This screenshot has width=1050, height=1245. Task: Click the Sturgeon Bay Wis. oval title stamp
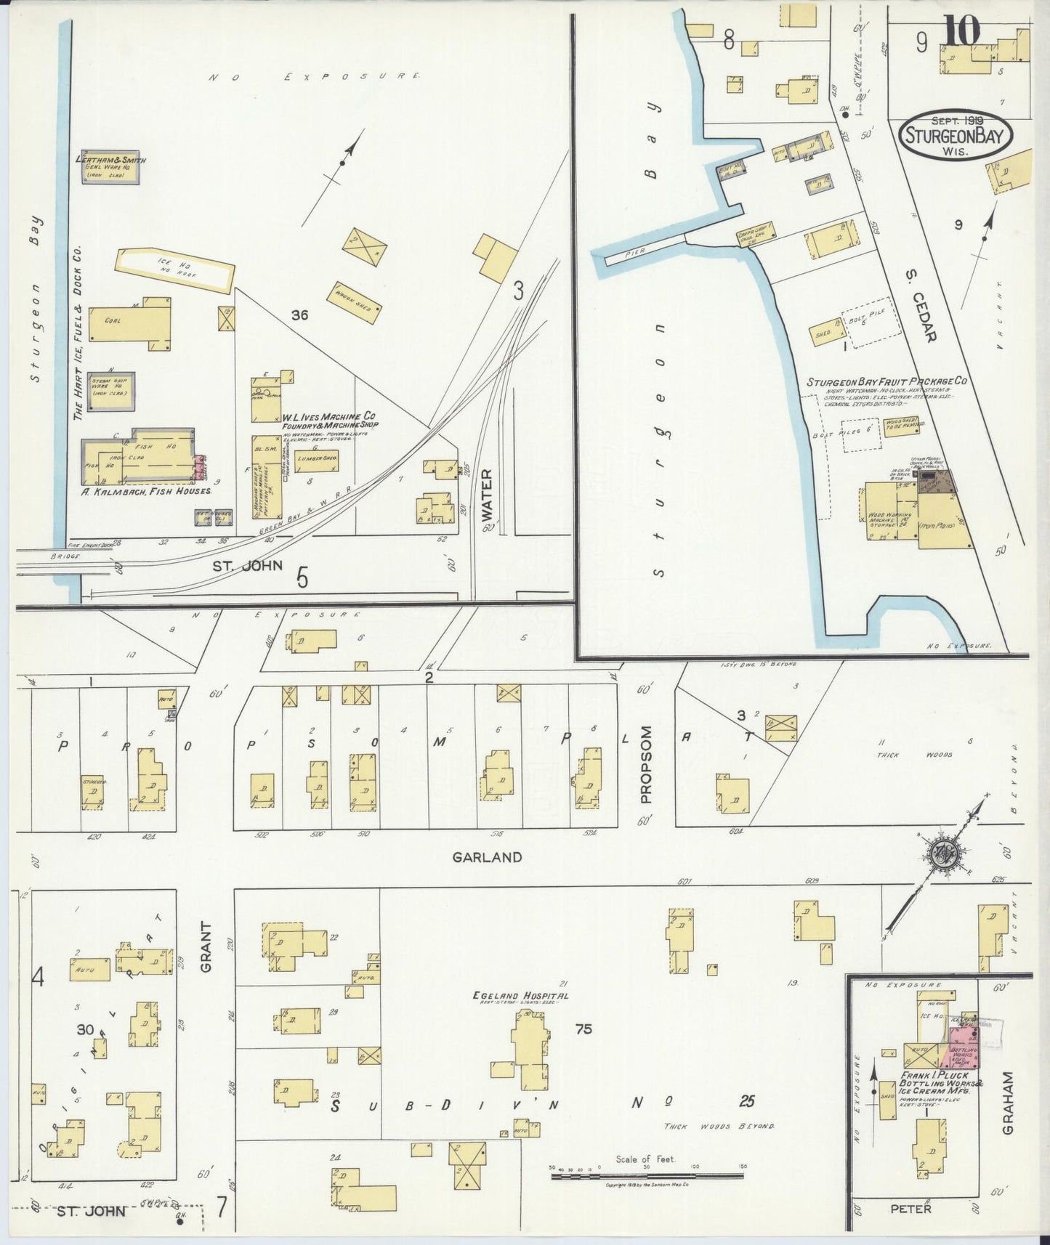click(x=955, y=136)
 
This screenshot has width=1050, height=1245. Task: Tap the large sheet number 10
click(x=963, y=31)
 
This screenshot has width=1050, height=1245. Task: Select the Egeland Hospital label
click(x=520, y=996)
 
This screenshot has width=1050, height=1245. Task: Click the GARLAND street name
click(x=487, y=857)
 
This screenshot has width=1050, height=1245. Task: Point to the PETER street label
click(x=910, y=1209)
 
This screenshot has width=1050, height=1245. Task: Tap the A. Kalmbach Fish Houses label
click(x=148, y=491)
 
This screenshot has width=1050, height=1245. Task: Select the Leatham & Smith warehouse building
click(x=109, y=168)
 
